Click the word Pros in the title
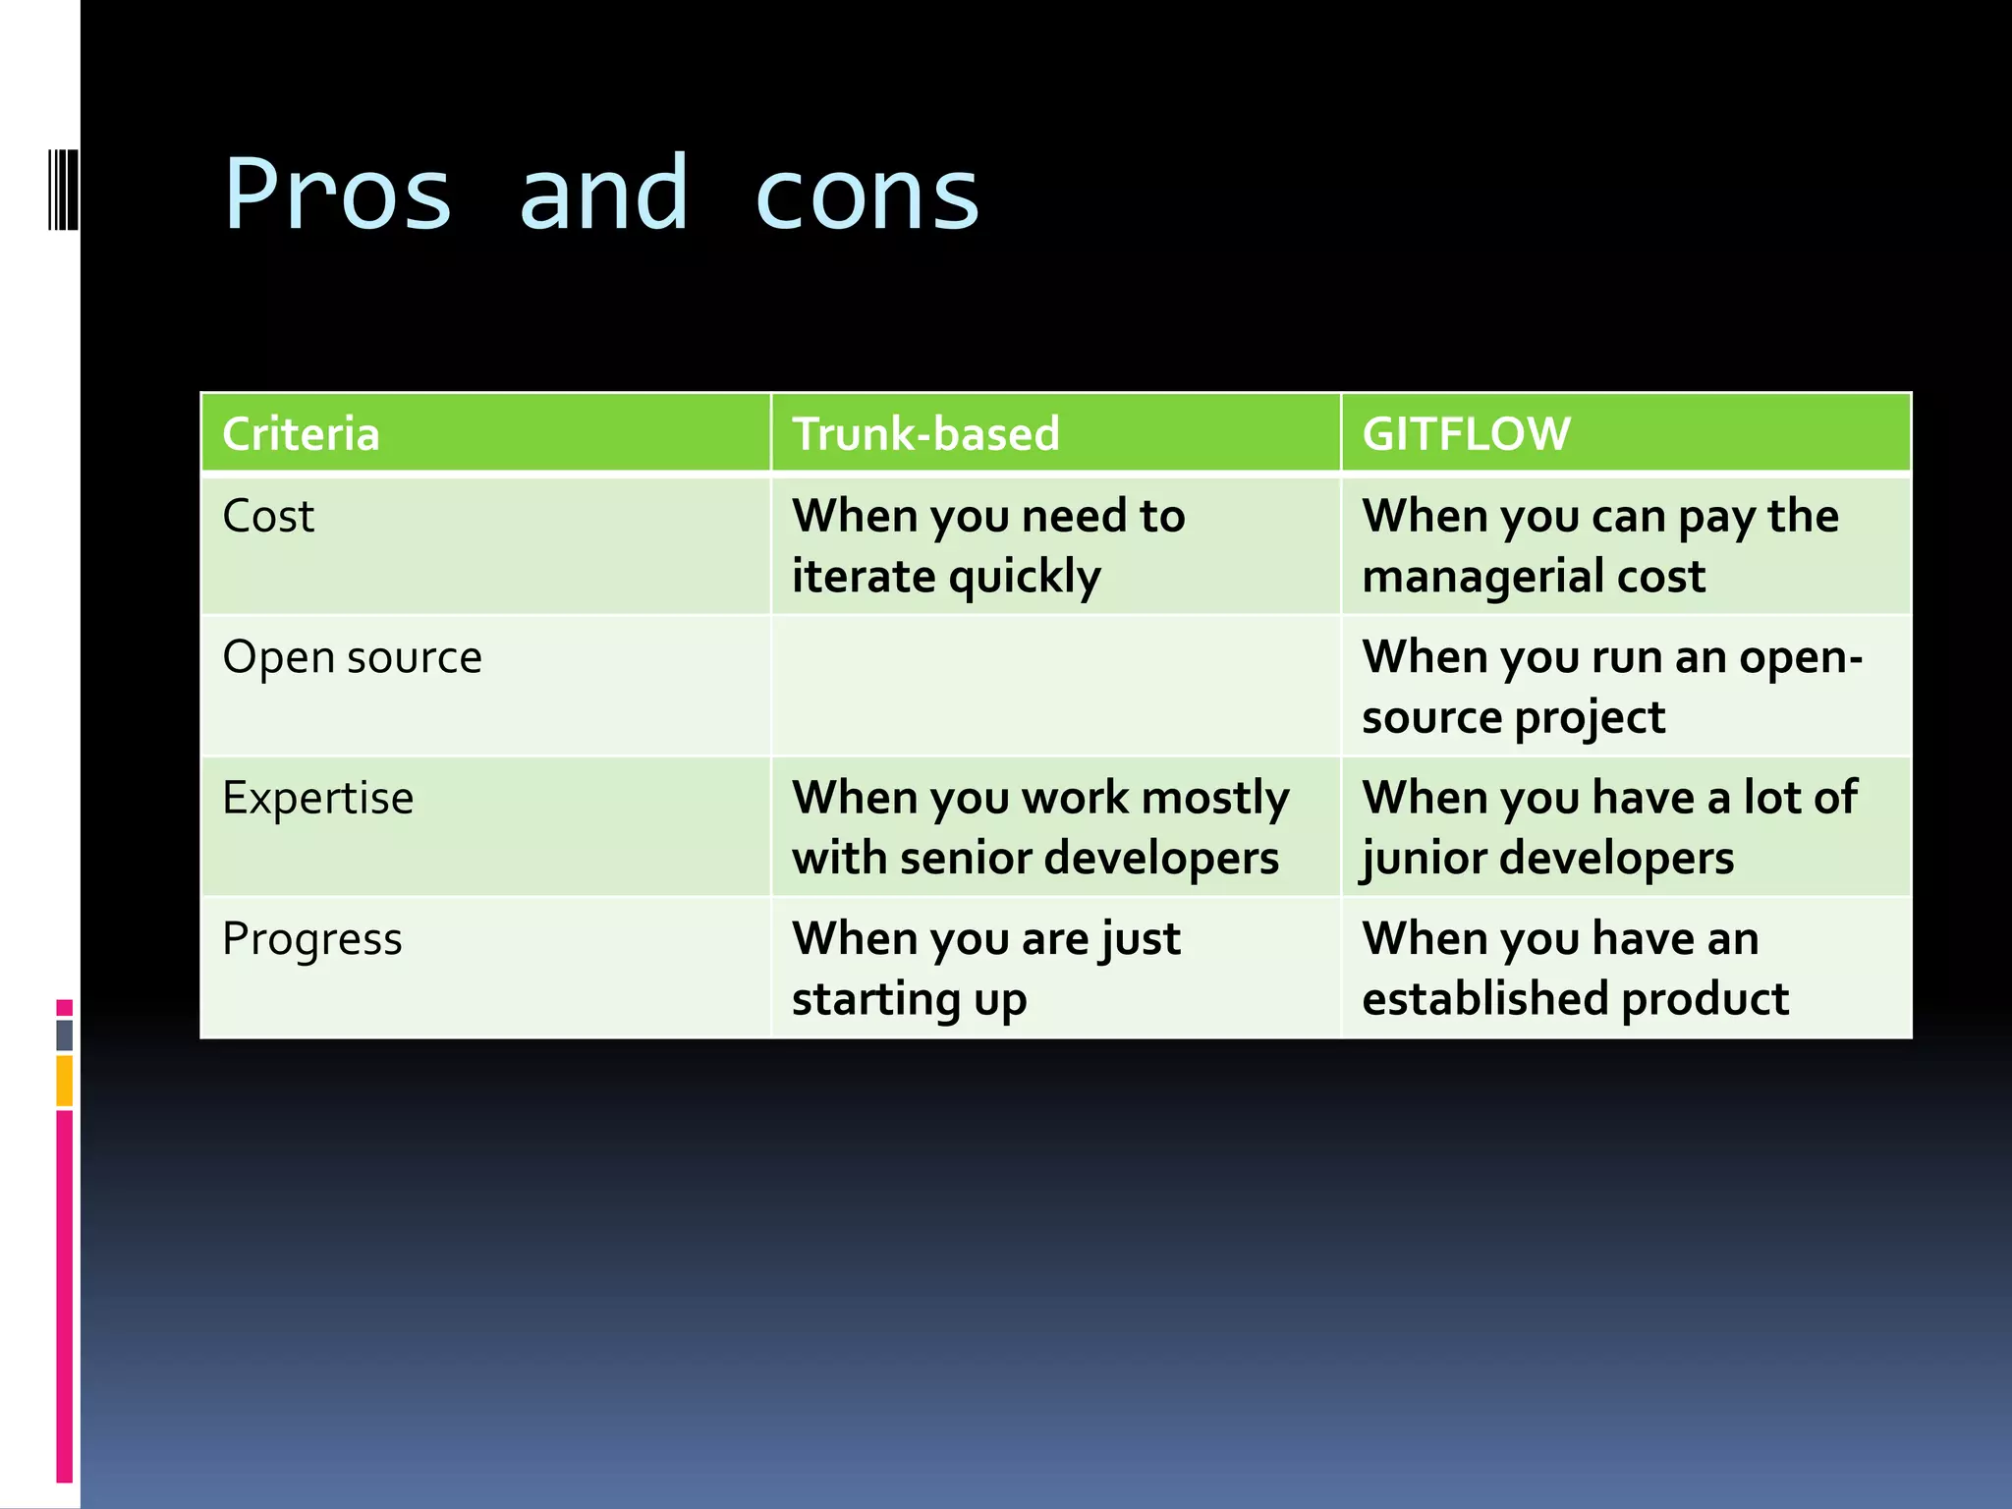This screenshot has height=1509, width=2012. [x=338, y=195]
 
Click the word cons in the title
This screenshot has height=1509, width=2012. [x=867, y=195]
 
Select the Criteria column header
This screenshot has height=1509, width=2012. [x=301, y=433]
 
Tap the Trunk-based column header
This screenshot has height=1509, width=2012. [x=925, y=433]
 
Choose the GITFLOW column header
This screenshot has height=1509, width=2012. [x=1466, y=433]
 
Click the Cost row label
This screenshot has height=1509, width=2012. [x=268, y=516]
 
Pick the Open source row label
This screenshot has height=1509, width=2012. [x=352, y=656]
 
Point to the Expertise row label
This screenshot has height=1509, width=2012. [x=317, y=797]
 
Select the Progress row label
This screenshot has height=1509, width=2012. [x=311, y=938]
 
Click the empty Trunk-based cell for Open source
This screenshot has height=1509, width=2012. [x=1055, y=686]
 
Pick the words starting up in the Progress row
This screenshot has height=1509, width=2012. [x=909, y=999]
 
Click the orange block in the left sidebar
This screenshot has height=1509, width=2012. [x=65, y=1081]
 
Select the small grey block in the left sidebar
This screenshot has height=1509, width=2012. [x=65, y=1034]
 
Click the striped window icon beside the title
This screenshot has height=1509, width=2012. [x=63, y=189]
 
